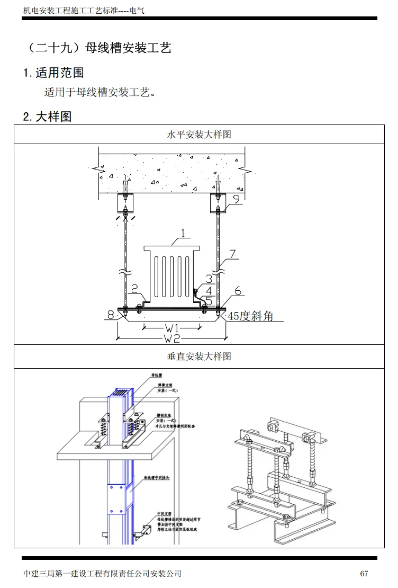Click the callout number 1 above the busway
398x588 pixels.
182,233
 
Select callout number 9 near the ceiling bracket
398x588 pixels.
237,199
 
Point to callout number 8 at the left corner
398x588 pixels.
111,315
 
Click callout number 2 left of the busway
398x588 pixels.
134,289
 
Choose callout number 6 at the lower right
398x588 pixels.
238,291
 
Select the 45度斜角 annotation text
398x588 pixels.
250,316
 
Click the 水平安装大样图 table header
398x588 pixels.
199,135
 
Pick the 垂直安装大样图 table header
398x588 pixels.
199,357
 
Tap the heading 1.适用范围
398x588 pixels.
53,73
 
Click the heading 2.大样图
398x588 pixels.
47,117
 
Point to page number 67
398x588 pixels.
364,573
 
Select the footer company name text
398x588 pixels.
103,573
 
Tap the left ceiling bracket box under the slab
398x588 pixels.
125,202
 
